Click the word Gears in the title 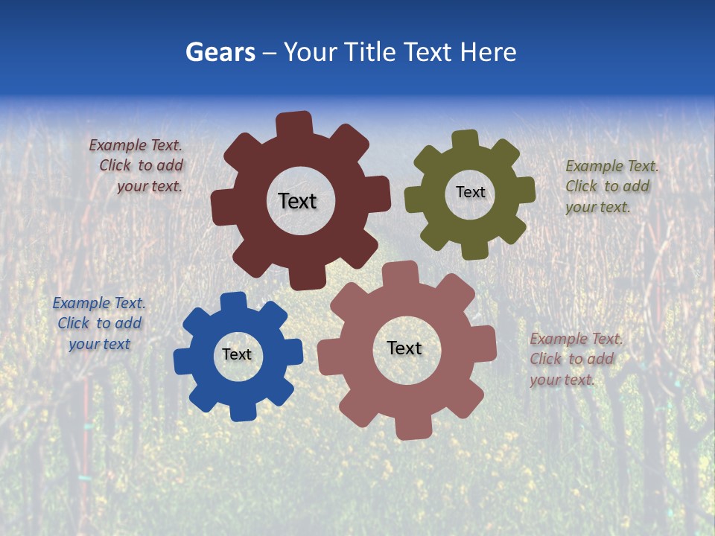coord(220,52)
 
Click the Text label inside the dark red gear coord(297,201)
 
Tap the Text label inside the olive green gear coord(470,192)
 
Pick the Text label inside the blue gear coord(237,354)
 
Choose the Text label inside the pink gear coord(404,348)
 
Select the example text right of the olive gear coord(610,186)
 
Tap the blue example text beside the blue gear coord(99,323)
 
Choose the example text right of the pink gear coord(574,359)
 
